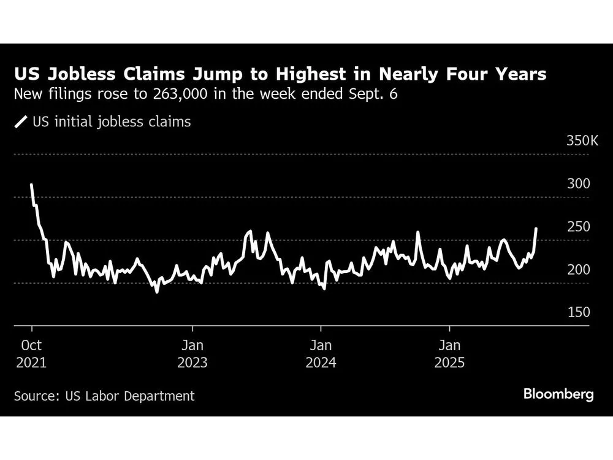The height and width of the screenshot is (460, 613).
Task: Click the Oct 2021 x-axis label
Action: [31, 354]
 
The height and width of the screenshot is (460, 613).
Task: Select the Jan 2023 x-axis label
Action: [192, 354]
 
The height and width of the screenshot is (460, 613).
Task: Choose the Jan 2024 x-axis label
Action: [321, 354]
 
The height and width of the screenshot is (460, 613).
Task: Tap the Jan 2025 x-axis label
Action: [450, 354]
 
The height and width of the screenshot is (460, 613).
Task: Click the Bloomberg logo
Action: [558, 394]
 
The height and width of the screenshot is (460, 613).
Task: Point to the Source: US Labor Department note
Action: [104, 396]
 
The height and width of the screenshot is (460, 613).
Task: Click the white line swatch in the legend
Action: [21, 122]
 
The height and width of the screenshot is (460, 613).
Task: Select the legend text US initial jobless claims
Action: [112, 122]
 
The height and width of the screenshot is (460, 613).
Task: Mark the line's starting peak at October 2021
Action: [31, 185]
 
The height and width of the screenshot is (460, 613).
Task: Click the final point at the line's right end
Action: [536, 229]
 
